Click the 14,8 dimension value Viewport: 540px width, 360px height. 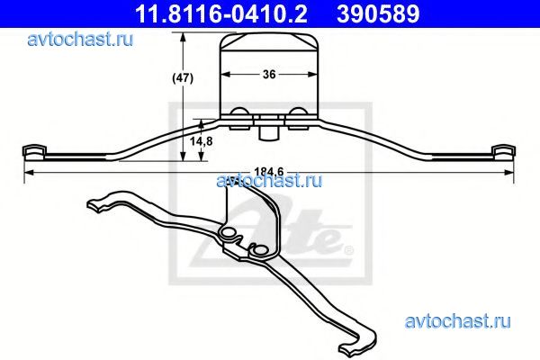pyautogui.click(x=202, y=140)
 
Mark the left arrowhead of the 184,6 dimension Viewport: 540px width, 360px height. pyautogui.click(x=30, y=171)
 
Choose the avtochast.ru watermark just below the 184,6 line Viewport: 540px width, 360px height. pyautogui.click(x=270, y=179)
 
